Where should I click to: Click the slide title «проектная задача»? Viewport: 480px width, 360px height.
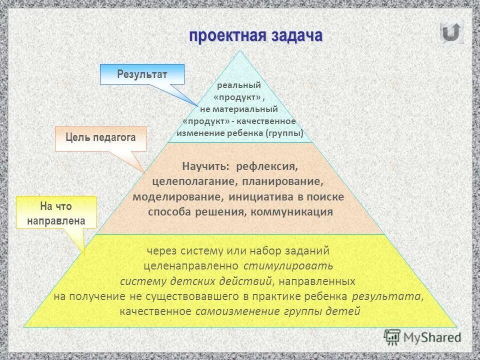(255, 36)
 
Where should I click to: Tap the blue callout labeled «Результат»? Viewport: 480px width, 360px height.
(142, 74)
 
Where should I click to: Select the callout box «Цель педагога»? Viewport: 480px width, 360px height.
(100, 138)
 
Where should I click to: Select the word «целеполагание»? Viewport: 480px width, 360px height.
(189, 180)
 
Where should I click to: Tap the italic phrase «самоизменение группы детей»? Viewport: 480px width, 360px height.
(277, 311)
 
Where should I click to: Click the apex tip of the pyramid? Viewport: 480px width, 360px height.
(240, 51)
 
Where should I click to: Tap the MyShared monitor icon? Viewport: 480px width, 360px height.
(391, 337)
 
